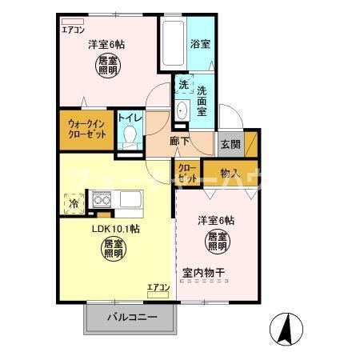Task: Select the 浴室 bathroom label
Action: (x=201, y=44)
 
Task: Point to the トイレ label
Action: (x=130, y=117)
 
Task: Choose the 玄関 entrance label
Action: (x=230, y=143)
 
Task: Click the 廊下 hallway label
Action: (x=180, y=142)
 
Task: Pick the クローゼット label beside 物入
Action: (x=187, y=173)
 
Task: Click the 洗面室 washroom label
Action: (x=202, y=101)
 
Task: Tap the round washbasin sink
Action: (x=180, y=110)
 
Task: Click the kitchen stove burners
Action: (x=101, y=199)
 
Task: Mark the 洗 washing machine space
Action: (x=183, y=85)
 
